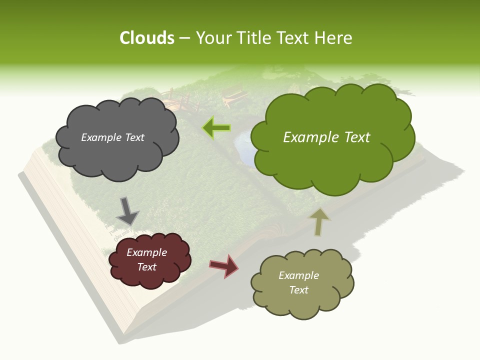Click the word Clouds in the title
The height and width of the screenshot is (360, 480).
coord(146,38)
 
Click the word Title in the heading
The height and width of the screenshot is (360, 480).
coord(251,38)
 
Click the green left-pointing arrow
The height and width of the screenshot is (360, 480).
coord(216,127)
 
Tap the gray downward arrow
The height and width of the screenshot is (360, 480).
coord(127,210)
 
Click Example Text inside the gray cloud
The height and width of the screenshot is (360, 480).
coord(112,137)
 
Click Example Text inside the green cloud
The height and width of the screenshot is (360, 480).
coord(326,137)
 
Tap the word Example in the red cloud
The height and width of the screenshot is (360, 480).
coord(146,253)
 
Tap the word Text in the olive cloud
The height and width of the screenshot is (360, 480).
coord(298,290)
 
